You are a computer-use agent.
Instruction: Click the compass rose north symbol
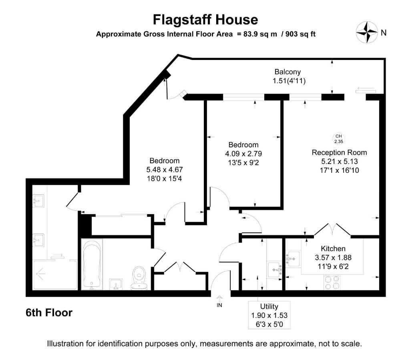click(367, 32)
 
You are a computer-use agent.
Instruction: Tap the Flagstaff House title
click(205, 20)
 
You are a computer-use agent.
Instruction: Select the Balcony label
click(287, 72)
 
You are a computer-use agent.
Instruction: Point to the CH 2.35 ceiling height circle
click(339, 139)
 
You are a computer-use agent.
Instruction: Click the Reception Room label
click(339, 152)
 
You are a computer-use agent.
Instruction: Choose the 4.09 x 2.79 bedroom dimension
click(243, 154)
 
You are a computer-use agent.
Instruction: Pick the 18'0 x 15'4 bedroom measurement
click(165, 178)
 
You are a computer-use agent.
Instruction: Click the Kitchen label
click(333, 248)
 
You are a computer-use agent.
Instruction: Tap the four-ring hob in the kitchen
click(332, 282)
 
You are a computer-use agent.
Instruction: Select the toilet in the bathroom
click(139, 278)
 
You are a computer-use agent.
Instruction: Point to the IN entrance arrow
click(219, 300)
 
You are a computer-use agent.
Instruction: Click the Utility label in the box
click(269, 306)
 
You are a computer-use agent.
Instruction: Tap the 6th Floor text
click(49, 313)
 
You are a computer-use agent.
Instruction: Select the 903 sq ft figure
click(300, 34)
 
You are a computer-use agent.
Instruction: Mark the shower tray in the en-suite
click(55, 274)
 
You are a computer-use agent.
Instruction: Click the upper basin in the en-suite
click(38, 201)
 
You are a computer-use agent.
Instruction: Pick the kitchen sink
click(293, 259)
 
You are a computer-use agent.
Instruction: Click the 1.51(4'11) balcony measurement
click(289, 81)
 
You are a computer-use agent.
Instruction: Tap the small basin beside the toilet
click(116, 284)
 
